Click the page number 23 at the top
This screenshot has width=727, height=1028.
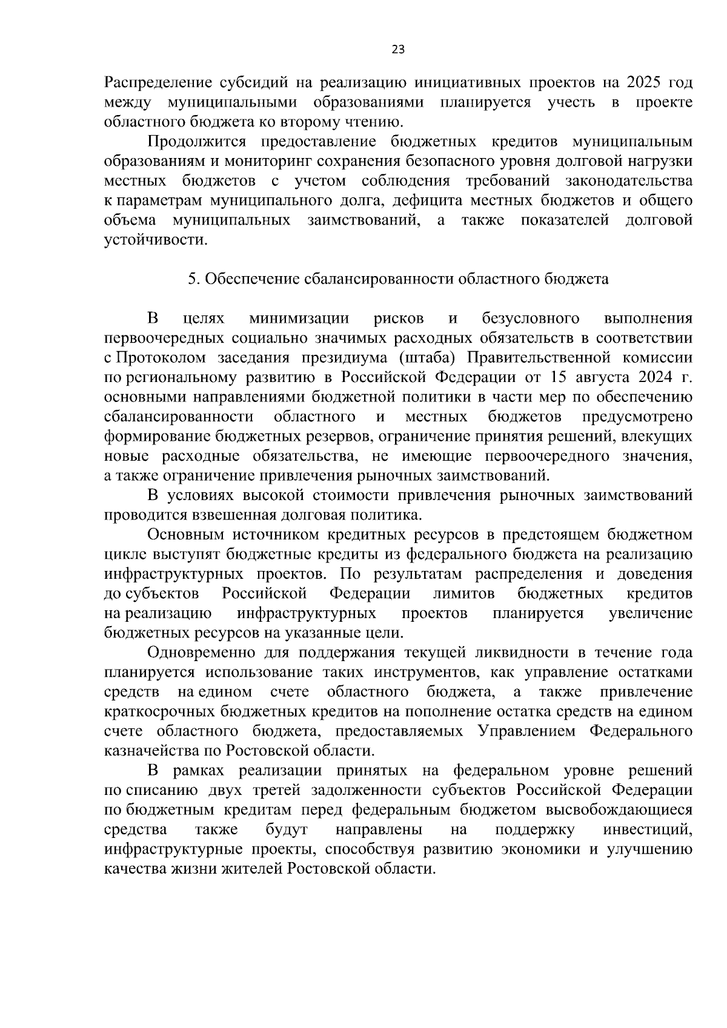pos(398,50)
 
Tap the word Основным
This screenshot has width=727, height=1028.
pos(186,535)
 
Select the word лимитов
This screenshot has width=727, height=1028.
pos(463,593)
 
